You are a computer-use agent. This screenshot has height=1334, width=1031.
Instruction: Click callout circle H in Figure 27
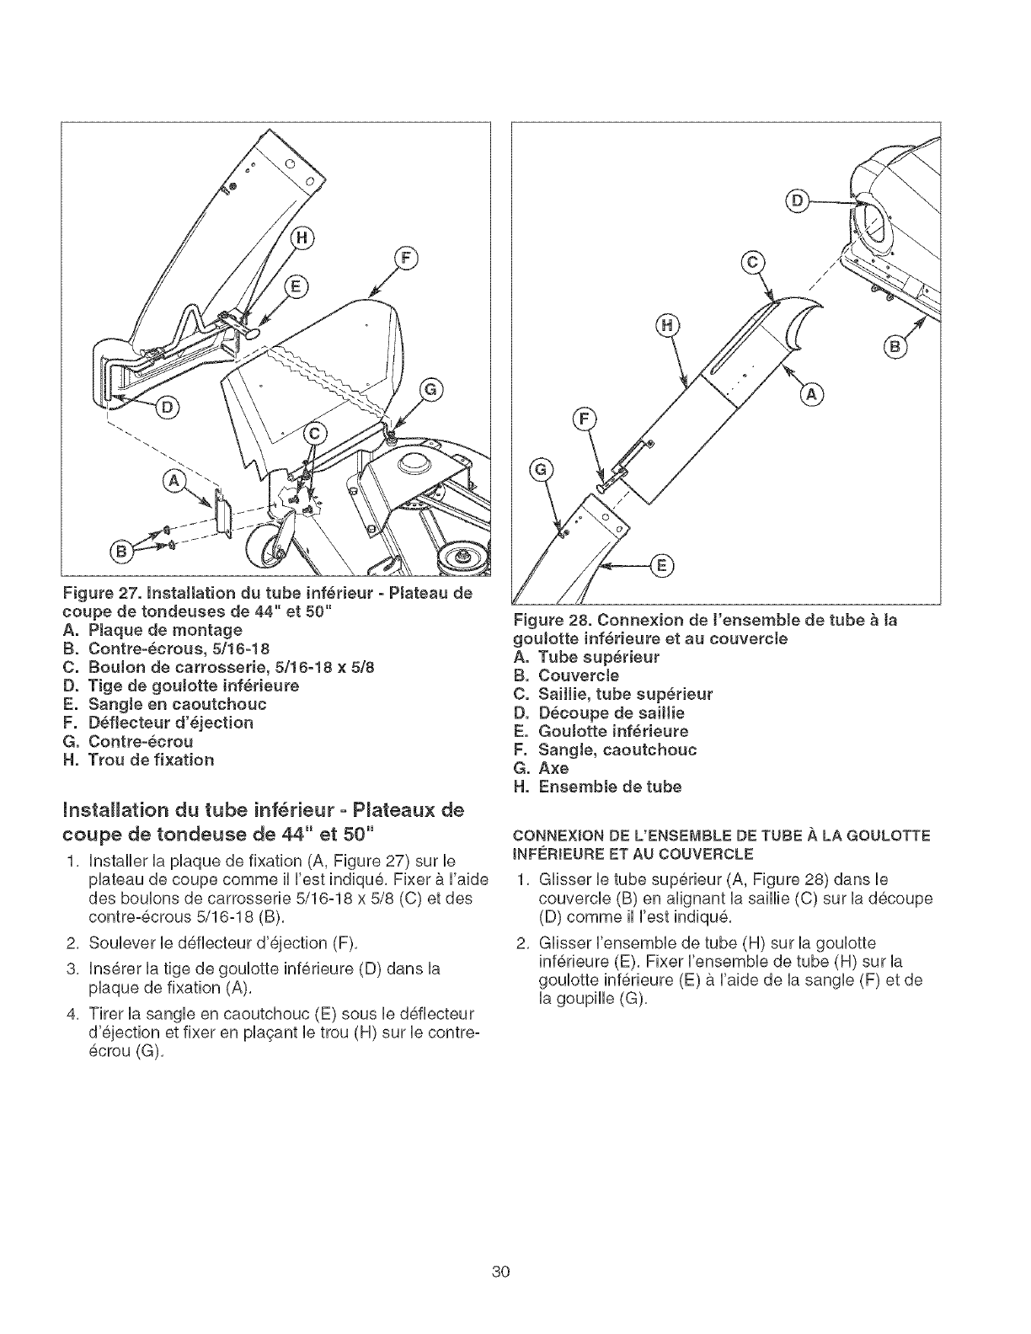click(302, 240)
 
